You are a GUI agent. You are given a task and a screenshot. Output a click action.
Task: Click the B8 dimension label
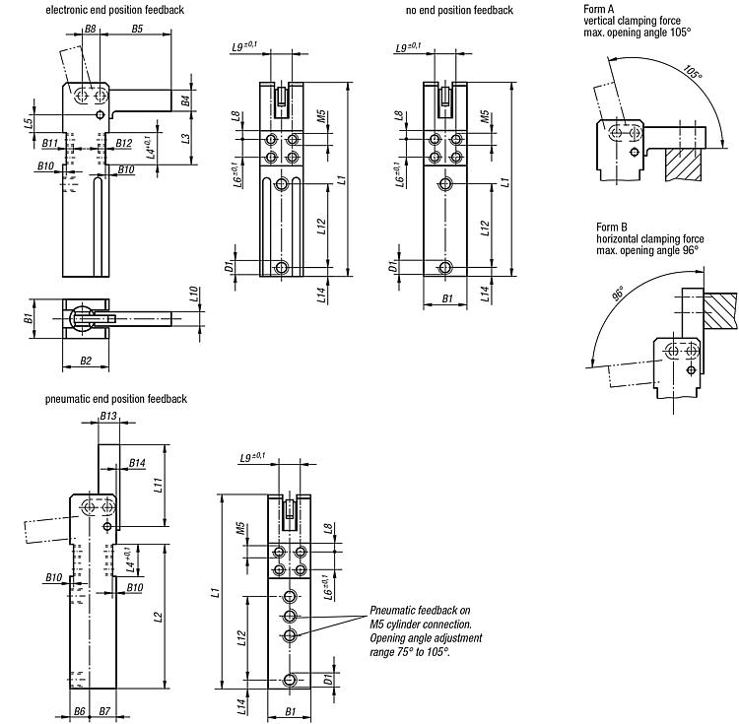pos(90,29)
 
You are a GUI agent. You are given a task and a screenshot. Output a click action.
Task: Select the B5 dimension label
pos(137,29)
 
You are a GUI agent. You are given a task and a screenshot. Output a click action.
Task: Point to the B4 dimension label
pos(185,100)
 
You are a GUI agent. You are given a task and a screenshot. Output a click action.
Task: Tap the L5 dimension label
pos(29,122)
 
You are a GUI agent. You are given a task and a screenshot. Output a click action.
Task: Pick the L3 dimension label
pos(185,139)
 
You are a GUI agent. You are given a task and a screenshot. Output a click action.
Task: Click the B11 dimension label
pos(50,143)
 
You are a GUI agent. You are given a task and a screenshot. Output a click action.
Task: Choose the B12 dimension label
pos(123,143)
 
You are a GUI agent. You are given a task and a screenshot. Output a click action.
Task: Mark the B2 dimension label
pos(86,361)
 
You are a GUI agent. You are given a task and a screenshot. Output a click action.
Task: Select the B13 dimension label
pos(108,416)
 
